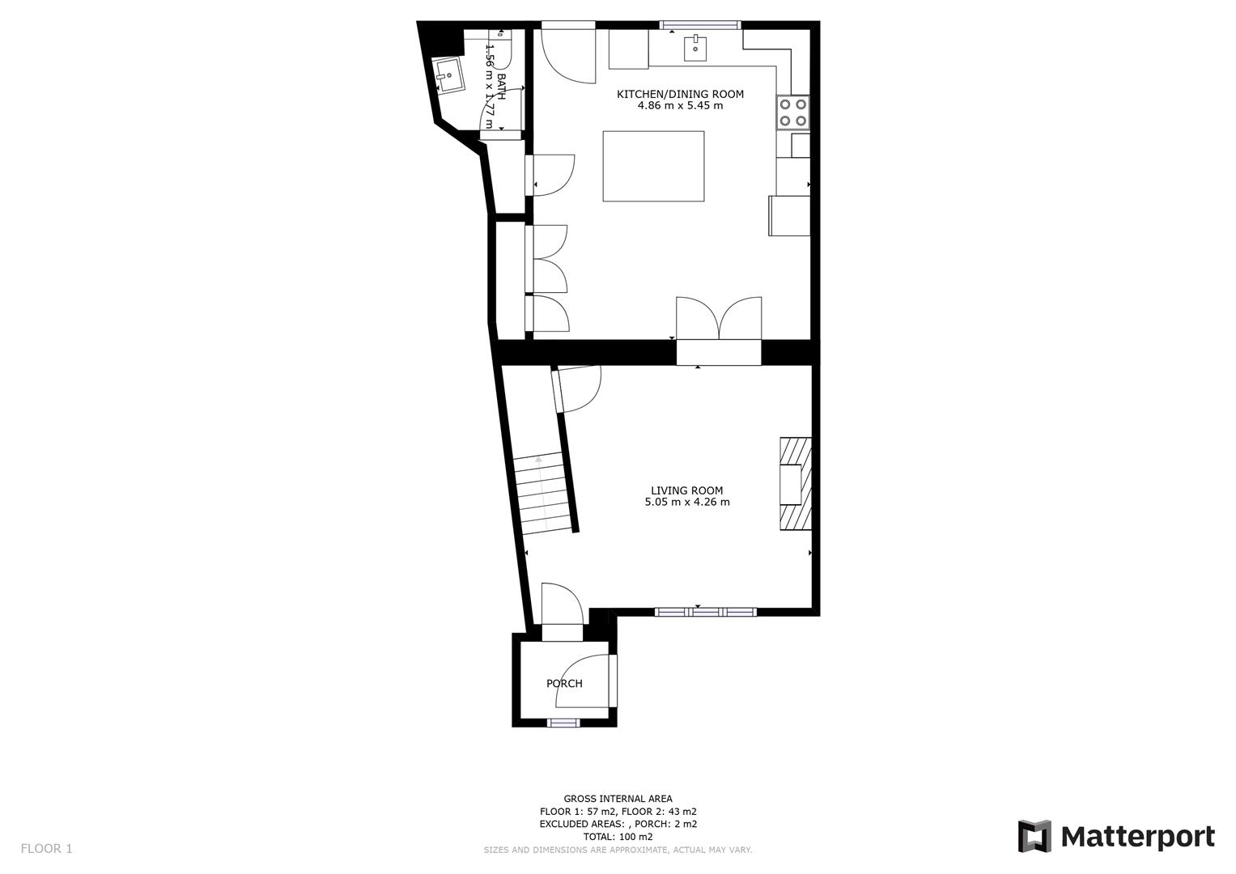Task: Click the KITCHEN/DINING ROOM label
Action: [x=680, y=94]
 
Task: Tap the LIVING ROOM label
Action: [x=686, y=490]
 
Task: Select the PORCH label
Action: [x=564, y=683]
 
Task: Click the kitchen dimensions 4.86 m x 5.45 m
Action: [x=680, y=106]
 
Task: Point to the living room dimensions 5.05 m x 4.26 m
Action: [x=686, y=503]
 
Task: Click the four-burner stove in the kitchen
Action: [x=792, y=112]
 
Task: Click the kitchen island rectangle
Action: [x=653, y=166]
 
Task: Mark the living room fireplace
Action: [x=794, y=484]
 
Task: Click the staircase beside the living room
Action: [x=543, y=494]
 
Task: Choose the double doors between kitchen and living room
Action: [x=719, y=320]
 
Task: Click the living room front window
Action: [x=705, y=612]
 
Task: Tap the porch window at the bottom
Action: [x=564, y=722]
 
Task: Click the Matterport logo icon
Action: [x=1034, y=836]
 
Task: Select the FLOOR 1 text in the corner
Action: [x=46, y=848]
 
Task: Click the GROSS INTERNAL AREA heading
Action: [x=618, y=799]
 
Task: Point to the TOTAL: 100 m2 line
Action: [x=618, y=837]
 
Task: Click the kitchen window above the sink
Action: [x=700, y=25]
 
